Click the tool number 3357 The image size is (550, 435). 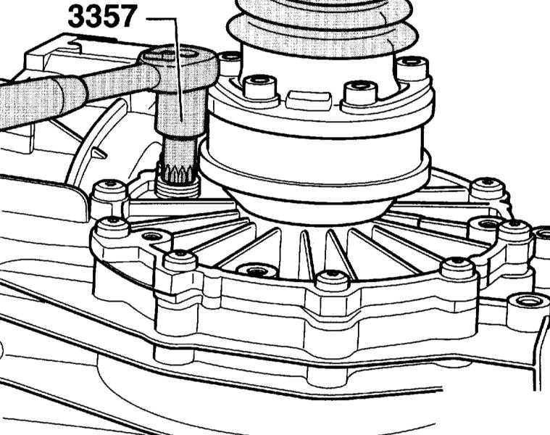click(101, 17)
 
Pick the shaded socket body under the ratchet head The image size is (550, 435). click(180, 117)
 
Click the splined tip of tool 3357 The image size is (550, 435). click(179, 158)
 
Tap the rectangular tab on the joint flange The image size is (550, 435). click(308, 99)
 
